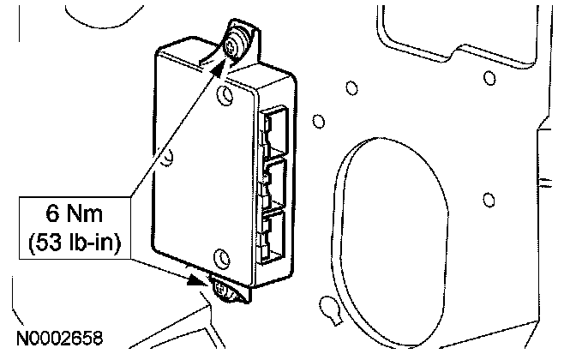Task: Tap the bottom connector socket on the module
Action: coord(276,232)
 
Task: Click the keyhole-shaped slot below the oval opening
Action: coord(327,306)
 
